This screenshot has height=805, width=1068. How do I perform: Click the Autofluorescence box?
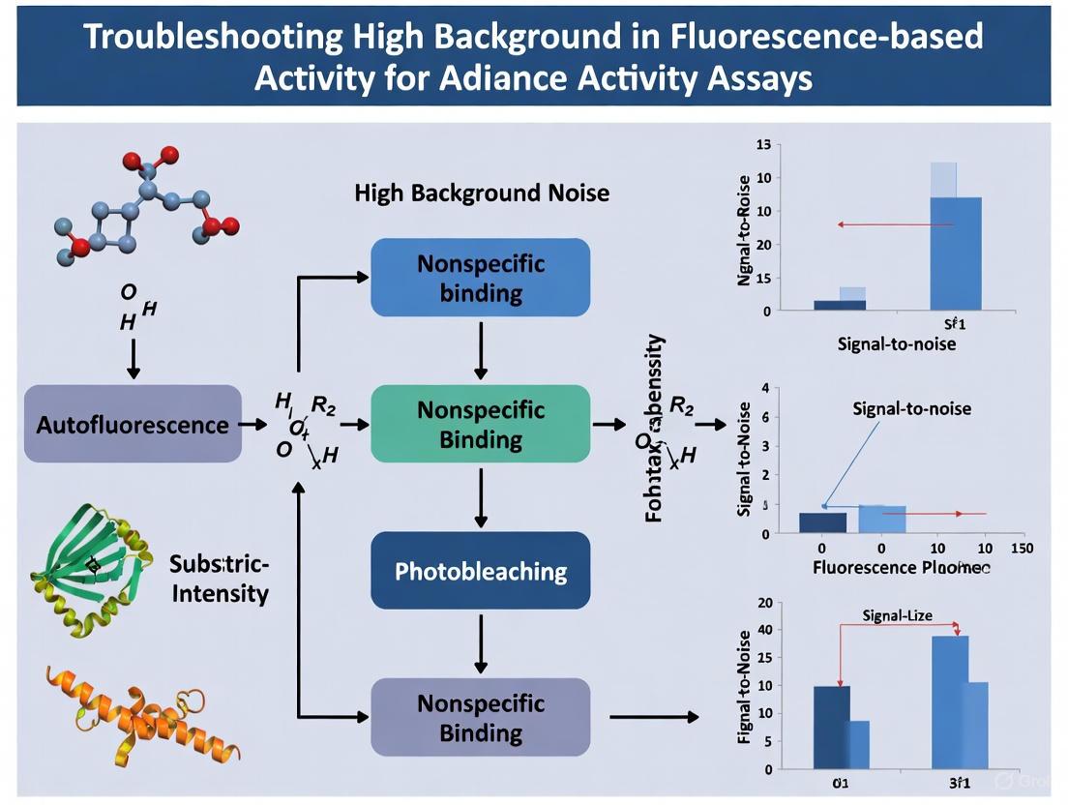click(133, 424)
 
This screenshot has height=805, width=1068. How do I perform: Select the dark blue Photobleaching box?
click(480, 570)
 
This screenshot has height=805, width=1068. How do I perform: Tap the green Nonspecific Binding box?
click(480, 424)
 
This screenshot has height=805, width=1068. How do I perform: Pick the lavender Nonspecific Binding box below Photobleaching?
click(480, 717)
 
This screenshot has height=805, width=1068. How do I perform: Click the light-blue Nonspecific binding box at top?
click(480, 277)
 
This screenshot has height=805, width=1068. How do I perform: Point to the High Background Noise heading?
click(482, 193)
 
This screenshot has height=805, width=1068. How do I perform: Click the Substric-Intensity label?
click(221, 578)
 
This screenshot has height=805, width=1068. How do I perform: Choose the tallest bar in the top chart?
click(955, 253)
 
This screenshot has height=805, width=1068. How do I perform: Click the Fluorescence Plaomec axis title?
click(901, 567)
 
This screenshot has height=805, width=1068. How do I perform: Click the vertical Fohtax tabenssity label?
click(655, 429)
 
